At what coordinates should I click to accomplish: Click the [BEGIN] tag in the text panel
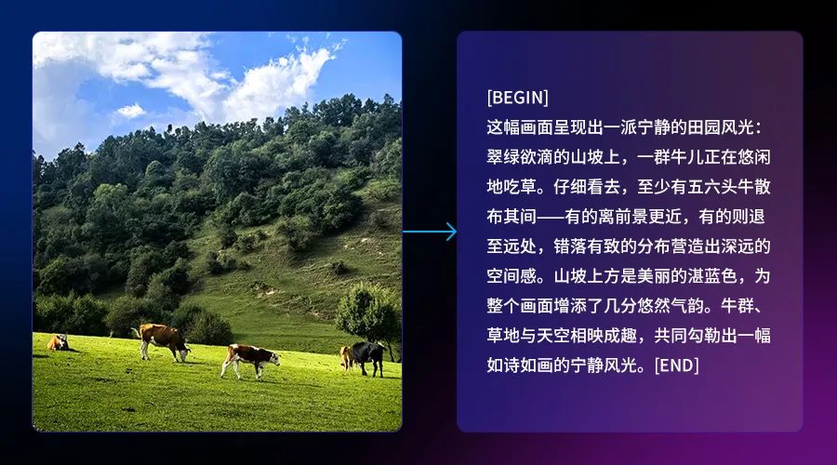[517, 98]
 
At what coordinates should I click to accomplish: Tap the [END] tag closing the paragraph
[676, 365]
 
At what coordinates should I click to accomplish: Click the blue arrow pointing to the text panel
[430, 232]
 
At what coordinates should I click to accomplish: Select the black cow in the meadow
[367, 358]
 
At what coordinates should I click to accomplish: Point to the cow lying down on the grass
[58, 343]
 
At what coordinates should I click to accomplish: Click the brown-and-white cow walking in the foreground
[250, 360]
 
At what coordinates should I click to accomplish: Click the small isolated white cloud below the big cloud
[131, 111]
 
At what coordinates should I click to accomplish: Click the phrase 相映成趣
[604, 336]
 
